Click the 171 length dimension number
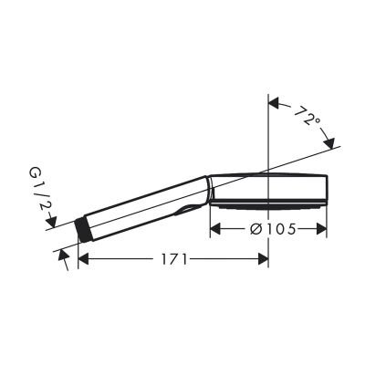point(170,259)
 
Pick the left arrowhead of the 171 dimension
point(82,259)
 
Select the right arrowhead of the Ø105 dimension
point(320,230)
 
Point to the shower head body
point(269,186)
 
